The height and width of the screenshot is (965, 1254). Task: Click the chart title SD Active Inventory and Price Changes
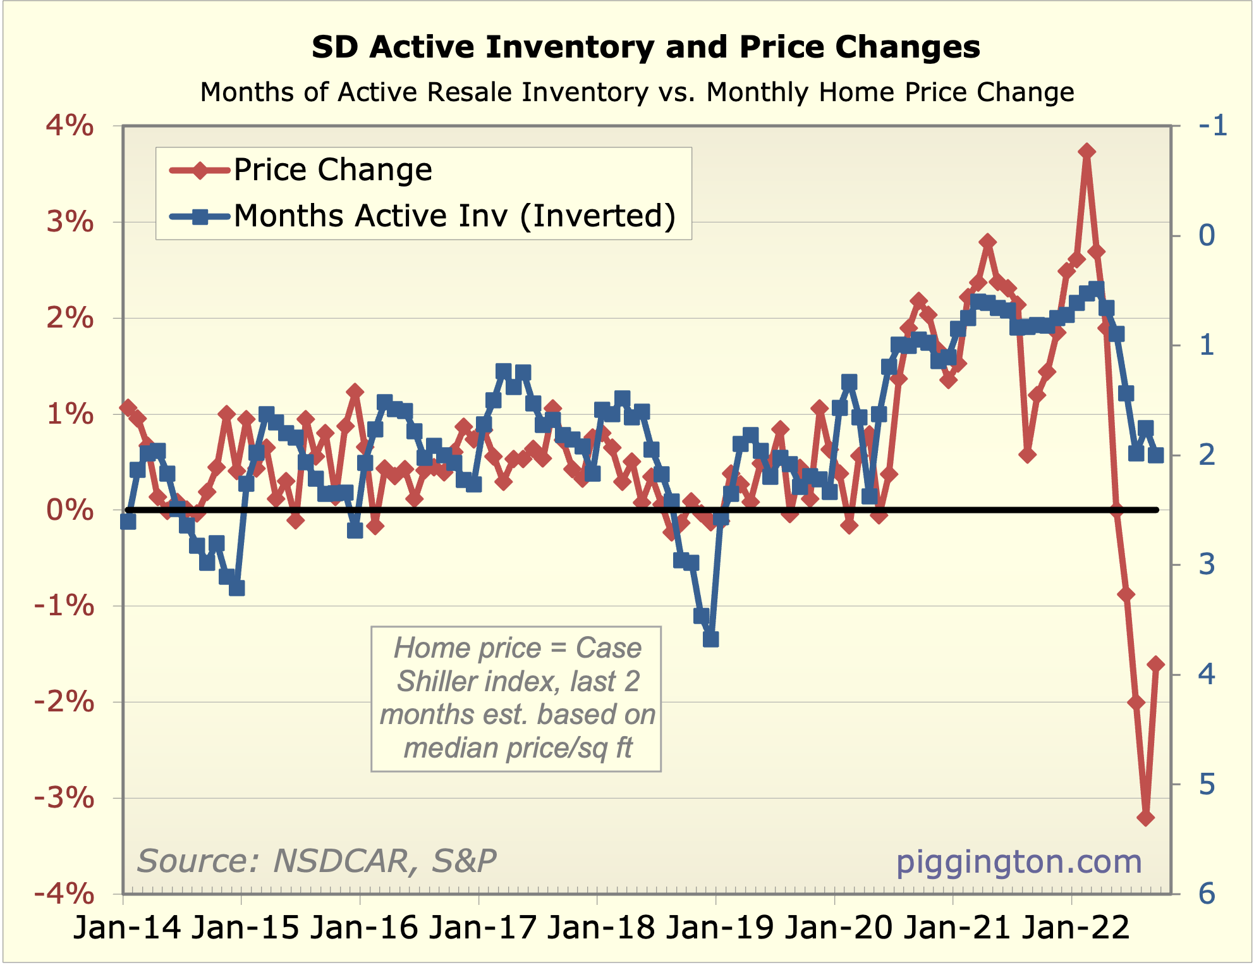[645, 47]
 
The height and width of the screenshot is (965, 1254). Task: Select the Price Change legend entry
[332, 169]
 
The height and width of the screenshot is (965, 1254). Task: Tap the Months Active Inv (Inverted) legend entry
[454, 216]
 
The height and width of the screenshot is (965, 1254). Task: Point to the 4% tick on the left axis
[70, 126]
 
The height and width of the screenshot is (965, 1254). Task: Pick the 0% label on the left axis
[70, 510]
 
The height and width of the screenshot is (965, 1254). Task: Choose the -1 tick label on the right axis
[1213, 126]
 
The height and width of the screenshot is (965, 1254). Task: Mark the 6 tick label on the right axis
[1207, 894]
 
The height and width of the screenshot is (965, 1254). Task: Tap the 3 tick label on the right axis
[1207, 564]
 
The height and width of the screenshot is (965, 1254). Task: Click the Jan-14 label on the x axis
[127, 928]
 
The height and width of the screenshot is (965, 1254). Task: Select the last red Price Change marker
[1156, 663]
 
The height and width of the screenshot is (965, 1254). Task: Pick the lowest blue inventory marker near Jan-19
[710, 639]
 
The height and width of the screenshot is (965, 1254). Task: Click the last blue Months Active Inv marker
[1156, 455]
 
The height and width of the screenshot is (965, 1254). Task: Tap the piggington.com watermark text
[1019, 861]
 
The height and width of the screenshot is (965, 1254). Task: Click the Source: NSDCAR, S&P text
[317, 861]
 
